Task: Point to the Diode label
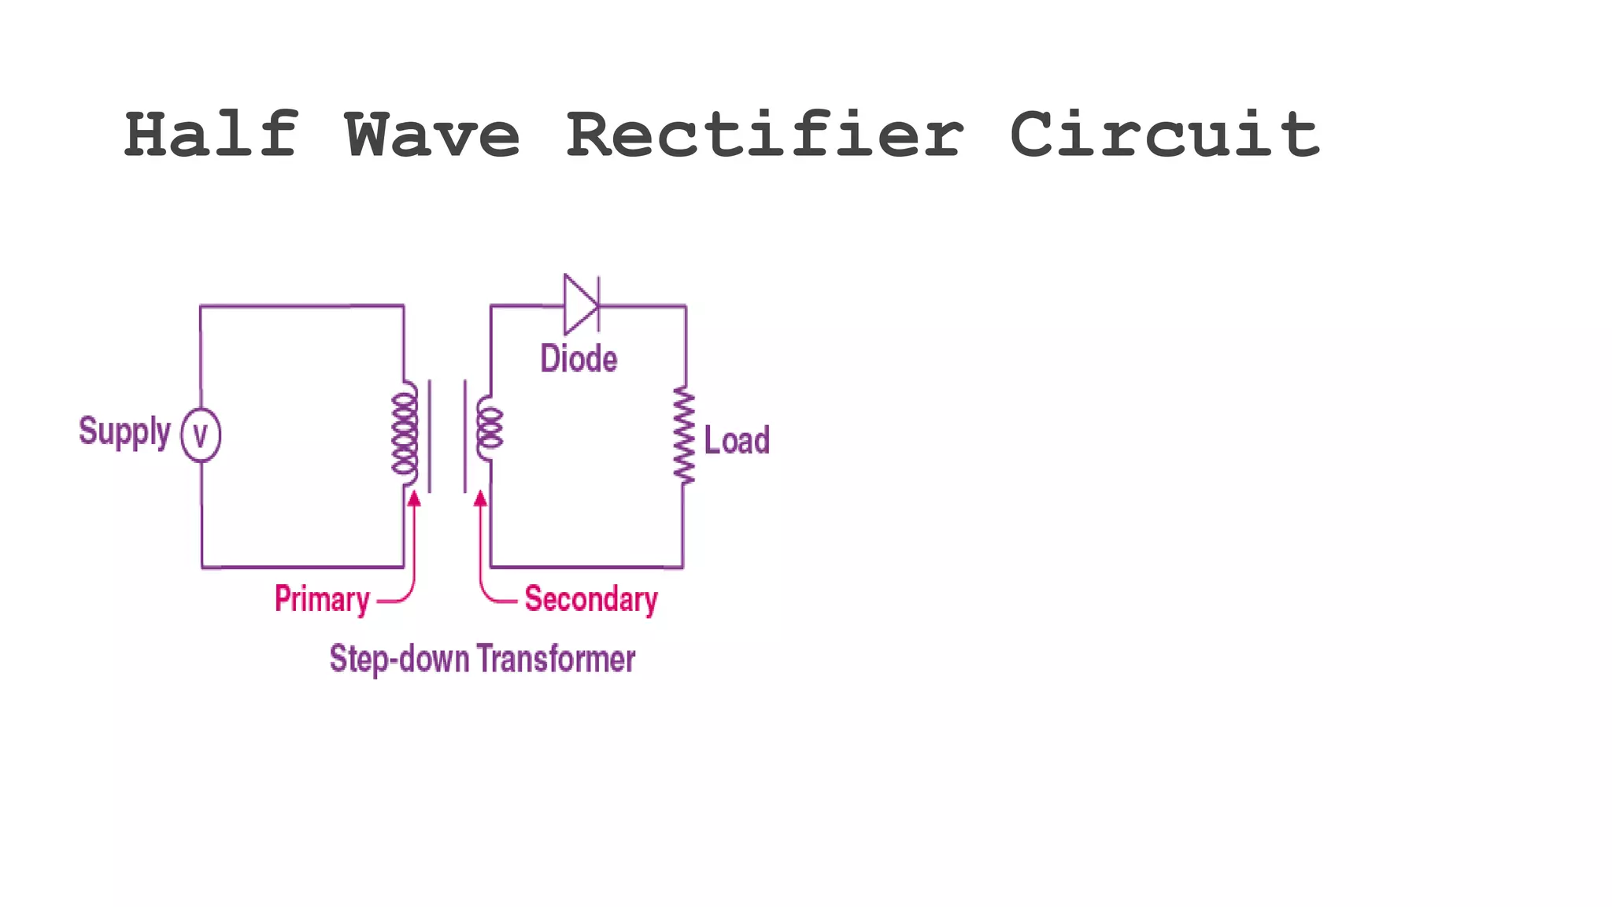click(579, 359)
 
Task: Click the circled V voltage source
click(201, 435)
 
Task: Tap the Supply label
click(124, 431)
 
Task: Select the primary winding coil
click(405, 433)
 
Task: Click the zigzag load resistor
click(683, 435)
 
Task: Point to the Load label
click(737, 440)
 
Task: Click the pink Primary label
click(322, 599)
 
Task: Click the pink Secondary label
click(590, 599)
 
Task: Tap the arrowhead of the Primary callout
click(414, 498)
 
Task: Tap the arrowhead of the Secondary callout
click(480, 498)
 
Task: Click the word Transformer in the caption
click(556, 659)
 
